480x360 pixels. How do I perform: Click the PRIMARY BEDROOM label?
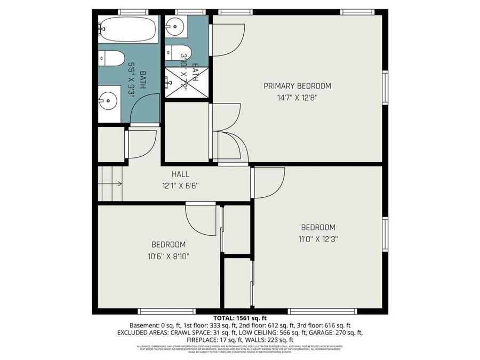point(297,86)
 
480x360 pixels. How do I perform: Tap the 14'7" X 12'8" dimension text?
point(297,98)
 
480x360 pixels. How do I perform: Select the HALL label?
point(180,174)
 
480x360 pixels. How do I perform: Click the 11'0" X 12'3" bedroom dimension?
point(318,239)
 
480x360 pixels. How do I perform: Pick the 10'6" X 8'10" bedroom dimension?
point(169,256)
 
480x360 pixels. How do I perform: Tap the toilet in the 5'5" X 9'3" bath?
point(111,58)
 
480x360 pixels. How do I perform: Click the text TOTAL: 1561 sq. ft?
point(239,318)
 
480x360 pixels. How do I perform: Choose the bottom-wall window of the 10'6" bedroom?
point(158,311)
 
